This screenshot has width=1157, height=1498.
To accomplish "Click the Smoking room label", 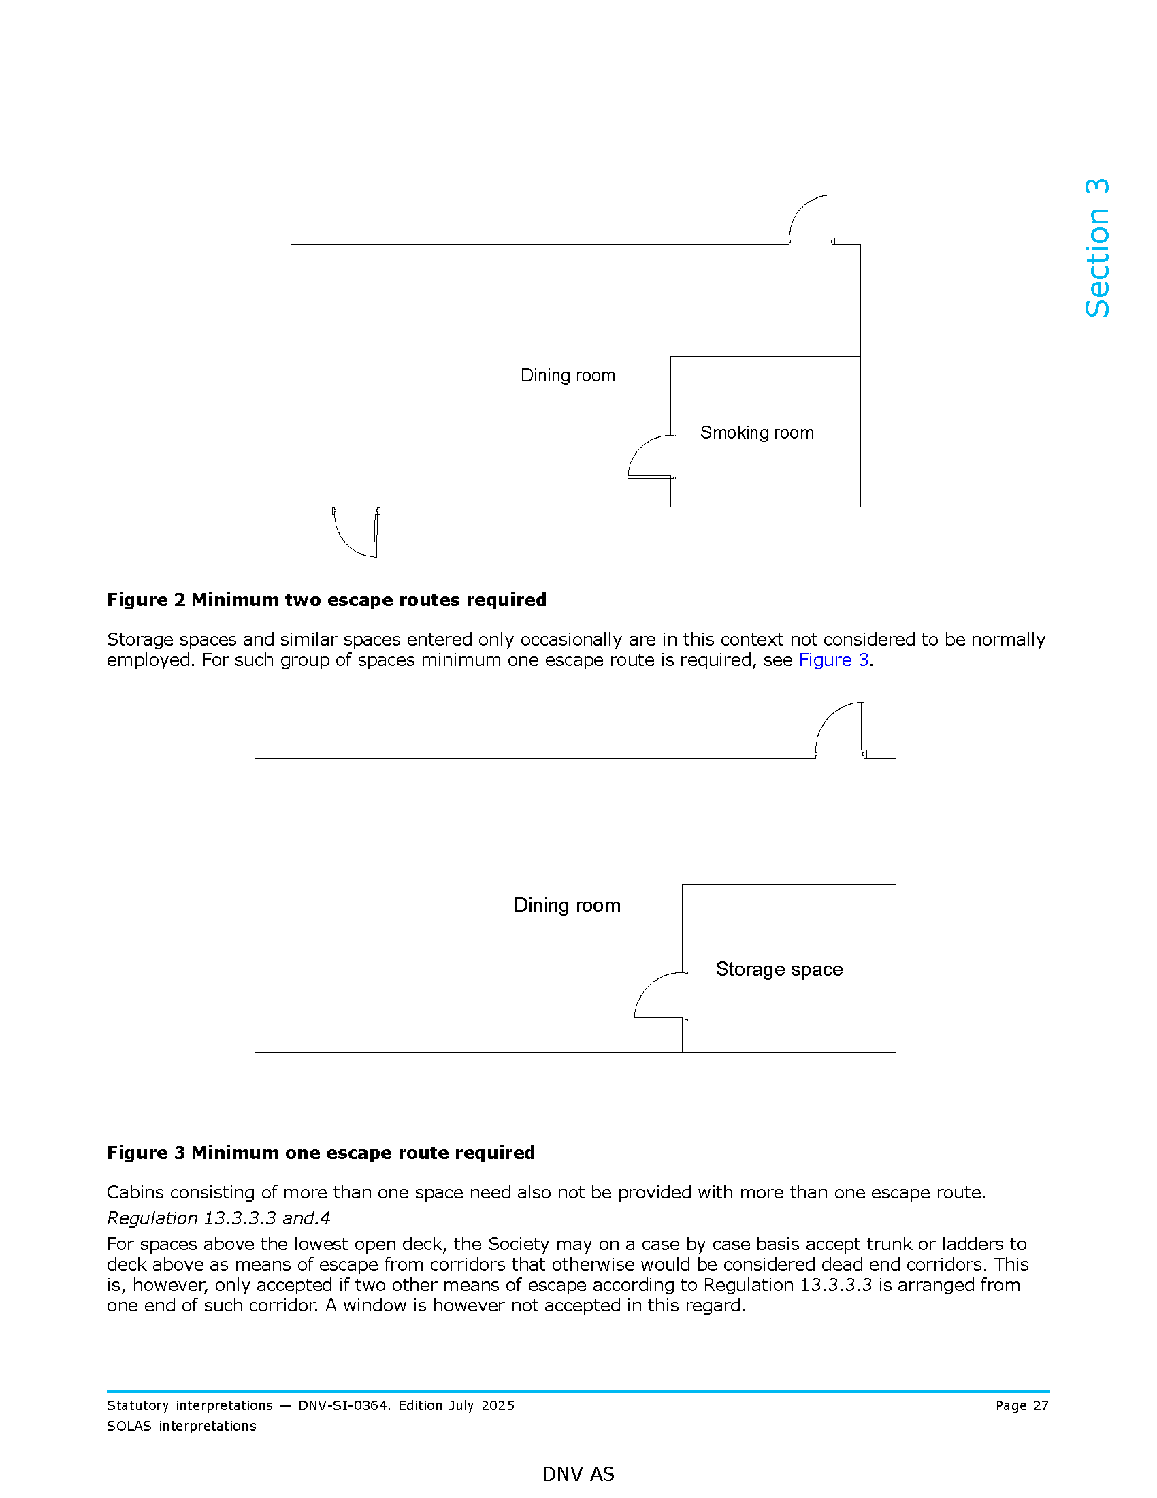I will (x=757, y=433).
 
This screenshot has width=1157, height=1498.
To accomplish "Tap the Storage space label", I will (x=779, y=969).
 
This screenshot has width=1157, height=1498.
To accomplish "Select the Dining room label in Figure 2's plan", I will (x=568, y=375).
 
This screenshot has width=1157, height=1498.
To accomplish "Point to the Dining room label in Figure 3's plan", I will (x=567, y=906).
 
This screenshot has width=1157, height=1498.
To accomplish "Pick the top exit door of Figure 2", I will (x=811, y=220).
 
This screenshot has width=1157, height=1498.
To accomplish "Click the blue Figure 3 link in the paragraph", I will (x=834, y=660).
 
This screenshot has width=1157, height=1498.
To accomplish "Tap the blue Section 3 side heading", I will (x=1096, y=249).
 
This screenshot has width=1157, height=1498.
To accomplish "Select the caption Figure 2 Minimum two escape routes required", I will (x=326, y=600).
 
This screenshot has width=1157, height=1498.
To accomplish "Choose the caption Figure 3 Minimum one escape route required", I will (x=321, y=1153).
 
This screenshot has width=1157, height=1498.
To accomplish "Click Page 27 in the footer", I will (x=1022, y=1405).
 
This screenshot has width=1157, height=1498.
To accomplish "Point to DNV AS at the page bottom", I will (x=578, y=1473).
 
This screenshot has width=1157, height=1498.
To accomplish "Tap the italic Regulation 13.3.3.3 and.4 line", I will (x=218, y=1218).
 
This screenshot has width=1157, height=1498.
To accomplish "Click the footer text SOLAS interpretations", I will (x=182, y=1426).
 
